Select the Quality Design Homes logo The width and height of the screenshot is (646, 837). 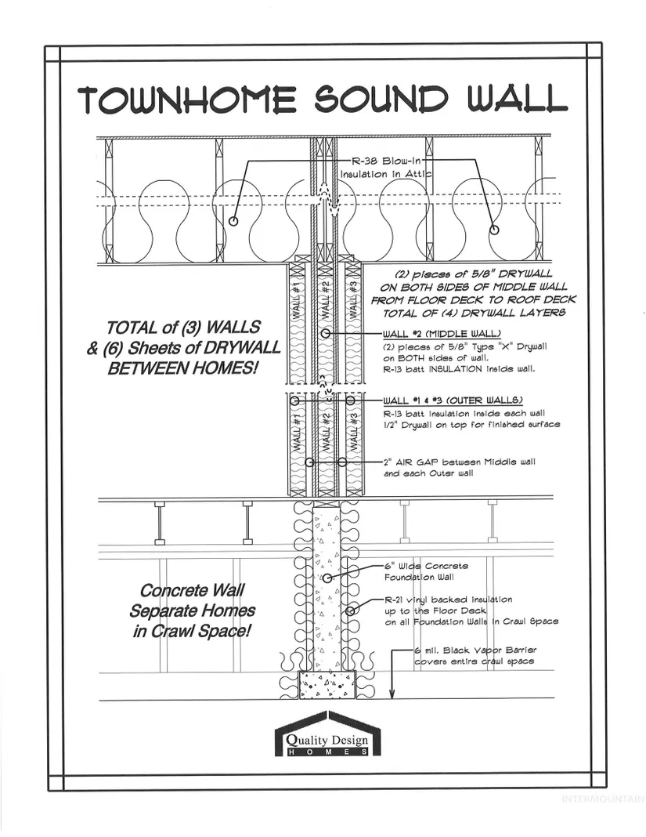coord(327,736)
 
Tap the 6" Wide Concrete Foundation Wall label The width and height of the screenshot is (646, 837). coord(427,571)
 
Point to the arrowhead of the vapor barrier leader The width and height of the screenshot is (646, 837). coord(394,695)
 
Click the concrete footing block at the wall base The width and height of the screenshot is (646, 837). coord(327,684)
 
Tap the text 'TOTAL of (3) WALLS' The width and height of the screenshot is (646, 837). coord(185,327)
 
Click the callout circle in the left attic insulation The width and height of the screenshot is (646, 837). coord(233,222)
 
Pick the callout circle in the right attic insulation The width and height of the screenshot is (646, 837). coord(494,230)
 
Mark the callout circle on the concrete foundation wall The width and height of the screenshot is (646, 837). coord(327,578)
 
